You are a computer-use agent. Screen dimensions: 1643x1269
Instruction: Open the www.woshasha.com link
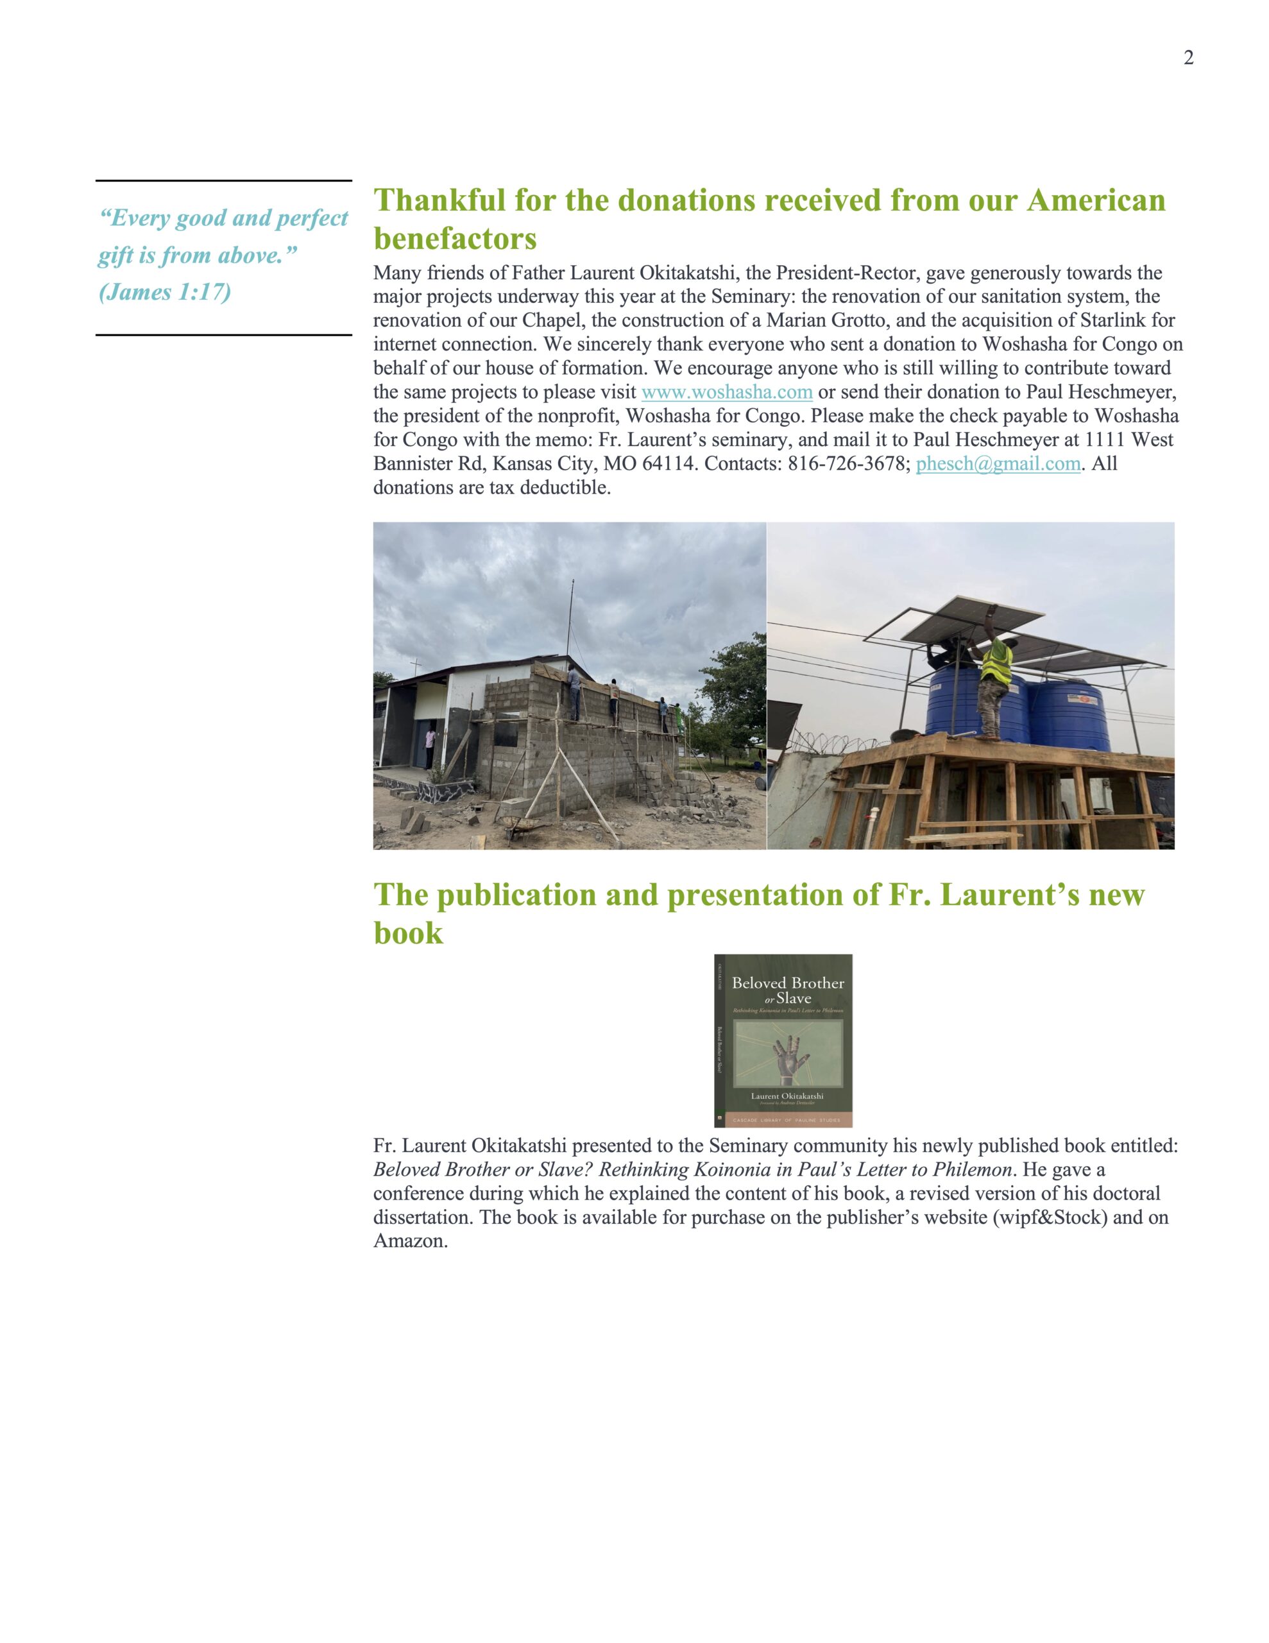coord(727,392)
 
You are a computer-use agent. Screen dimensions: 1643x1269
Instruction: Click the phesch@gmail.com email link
coord(998,463)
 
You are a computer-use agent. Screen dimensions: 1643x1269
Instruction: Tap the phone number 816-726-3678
coord(847,463)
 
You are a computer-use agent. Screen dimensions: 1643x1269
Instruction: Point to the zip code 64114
coord(669,463)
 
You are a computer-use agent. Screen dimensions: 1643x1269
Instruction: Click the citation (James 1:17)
coord(165,292)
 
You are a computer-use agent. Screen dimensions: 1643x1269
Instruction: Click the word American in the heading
coord(1096,201)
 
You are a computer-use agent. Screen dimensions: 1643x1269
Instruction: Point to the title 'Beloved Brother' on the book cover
coord(788,983)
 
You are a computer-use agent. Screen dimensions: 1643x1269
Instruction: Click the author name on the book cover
coord(787,1096)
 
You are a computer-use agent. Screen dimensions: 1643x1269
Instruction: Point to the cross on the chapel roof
coord(413,665)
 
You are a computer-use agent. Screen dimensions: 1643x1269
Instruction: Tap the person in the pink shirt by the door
coord(429,746)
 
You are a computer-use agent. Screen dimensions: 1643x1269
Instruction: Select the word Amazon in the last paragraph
coord(409,1241)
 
